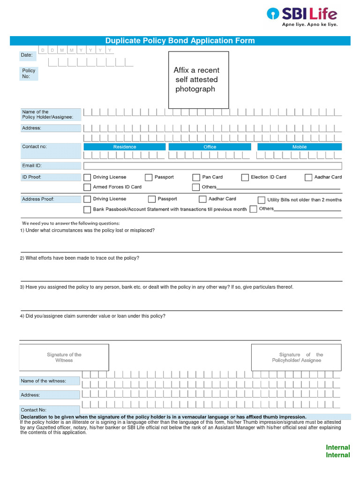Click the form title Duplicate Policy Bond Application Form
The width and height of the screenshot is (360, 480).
(x=180, y=41)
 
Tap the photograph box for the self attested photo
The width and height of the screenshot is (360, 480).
(x=198, y=80)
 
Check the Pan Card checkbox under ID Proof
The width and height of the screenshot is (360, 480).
(x=196, y=177)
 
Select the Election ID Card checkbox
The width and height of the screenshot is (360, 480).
(x=245, y=177)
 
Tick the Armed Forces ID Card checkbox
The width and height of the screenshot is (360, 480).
(x=87, y=187)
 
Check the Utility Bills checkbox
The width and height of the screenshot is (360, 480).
(x=261, y=200)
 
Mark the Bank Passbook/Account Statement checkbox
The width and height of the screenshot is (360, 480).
(x=87, y=210)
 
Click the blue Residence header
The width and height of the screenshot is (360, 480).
(x=125, y=147)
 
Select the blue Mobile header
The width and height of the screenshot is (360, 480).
(x=300, y=147)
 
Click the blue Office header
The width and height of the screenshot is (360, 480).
(x=210, y=147)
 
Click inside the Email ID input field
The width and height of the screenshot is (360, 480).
(x=212, y=165)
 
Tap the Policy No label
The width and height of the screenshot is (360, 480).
(x=29, y=74)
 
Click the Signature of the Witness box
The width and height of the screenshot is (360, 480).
(x=64, y=357)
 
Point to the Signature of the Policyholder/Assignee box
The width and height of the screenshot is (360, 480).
(x=300, y=357)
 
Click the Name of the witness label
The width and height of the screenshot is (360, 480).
(x=43, y=381)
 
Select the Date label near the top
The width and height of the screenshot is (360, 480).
(x=27, y=55)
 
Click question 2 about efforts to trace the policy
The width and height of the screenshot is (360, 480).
(x=80, y=258)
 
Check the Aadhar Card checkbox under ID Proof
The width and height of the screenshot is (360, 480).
(x=308, y=177)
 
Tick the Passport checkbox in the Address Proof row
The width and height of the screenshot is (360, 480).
(x=151, y=199)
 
